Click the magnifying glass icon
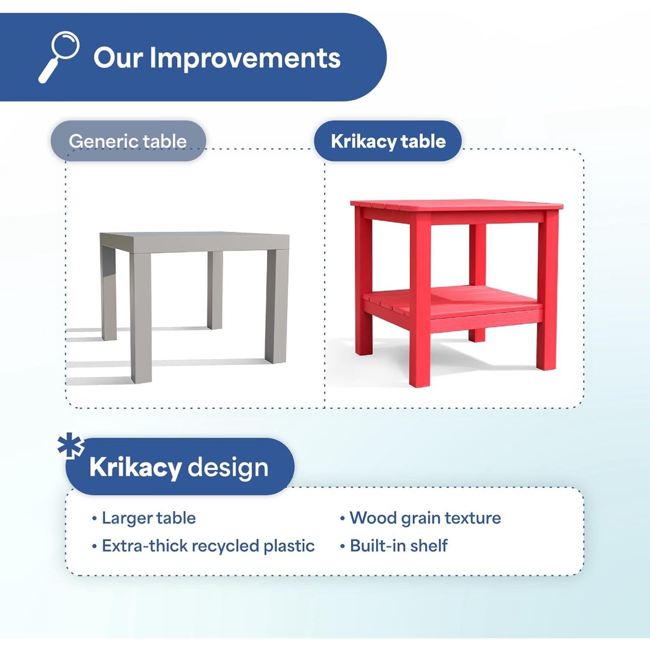(59, 56)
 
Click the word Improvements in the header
(245, 58)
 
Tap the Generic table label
(128, 141)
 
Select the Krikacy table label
(388, 141)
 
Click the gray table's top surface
(195, 242)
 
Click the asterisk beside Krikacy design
(71, 445)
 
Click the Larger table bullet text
(149, 518)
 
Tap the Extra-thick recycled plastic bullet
(208, 546)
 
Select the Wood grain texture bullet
(425, 518)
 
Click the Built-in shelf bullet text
(399, 545)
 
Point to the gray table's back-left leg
(109, 293)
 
